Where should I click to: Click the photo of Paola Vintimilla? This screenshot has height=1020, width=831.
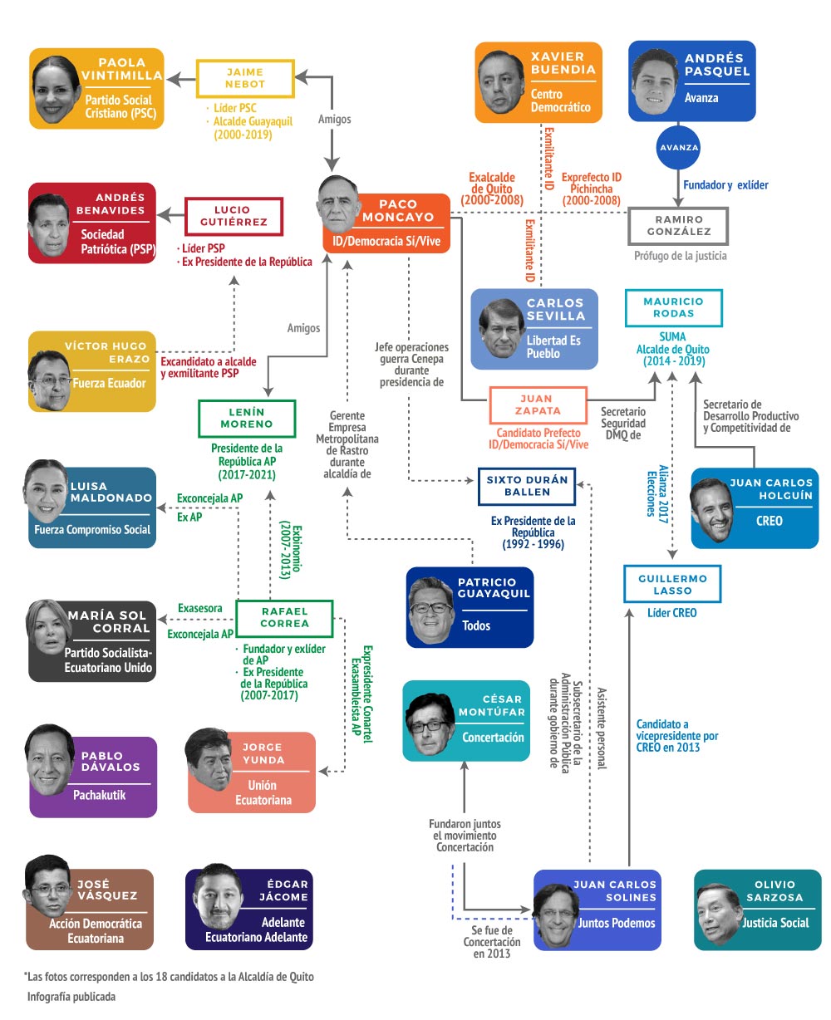pos(58,89)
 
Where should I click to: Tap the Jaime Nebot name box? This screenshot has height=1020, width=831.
pos(245,77)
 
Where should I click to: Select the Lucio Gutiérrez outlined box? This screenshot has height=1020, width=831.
pos(234,217)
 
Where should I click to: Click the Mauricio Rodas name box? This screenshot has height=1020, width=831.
pos(673,307)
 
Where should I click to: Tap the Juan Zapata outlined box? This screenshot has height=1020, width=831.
pos(540,405)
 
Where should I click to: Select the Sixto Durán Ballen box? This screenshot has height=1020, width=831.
pos(527,486)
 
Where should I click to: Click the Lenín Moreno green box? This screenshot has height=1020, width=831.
pos(246,418)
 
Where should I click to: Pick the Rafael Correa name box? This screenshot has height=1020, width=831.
pos(284,617)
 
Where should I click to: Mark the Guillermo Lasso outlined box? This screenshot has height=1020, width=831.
pos(672,584)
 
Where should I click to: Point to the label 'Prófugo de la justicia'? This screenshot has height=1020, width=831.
pos(680,257)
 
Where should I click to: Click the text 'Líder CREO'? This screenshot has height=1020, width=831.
pos(671,613)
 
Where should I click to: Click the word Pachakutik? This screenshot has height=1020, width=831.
pos(101,795)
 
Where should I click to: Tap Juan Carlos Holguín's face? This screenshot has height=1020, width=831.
pos(713,509)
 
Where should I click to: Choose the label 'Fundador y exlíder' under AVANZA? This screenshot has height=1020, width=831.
pos(725,184)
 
